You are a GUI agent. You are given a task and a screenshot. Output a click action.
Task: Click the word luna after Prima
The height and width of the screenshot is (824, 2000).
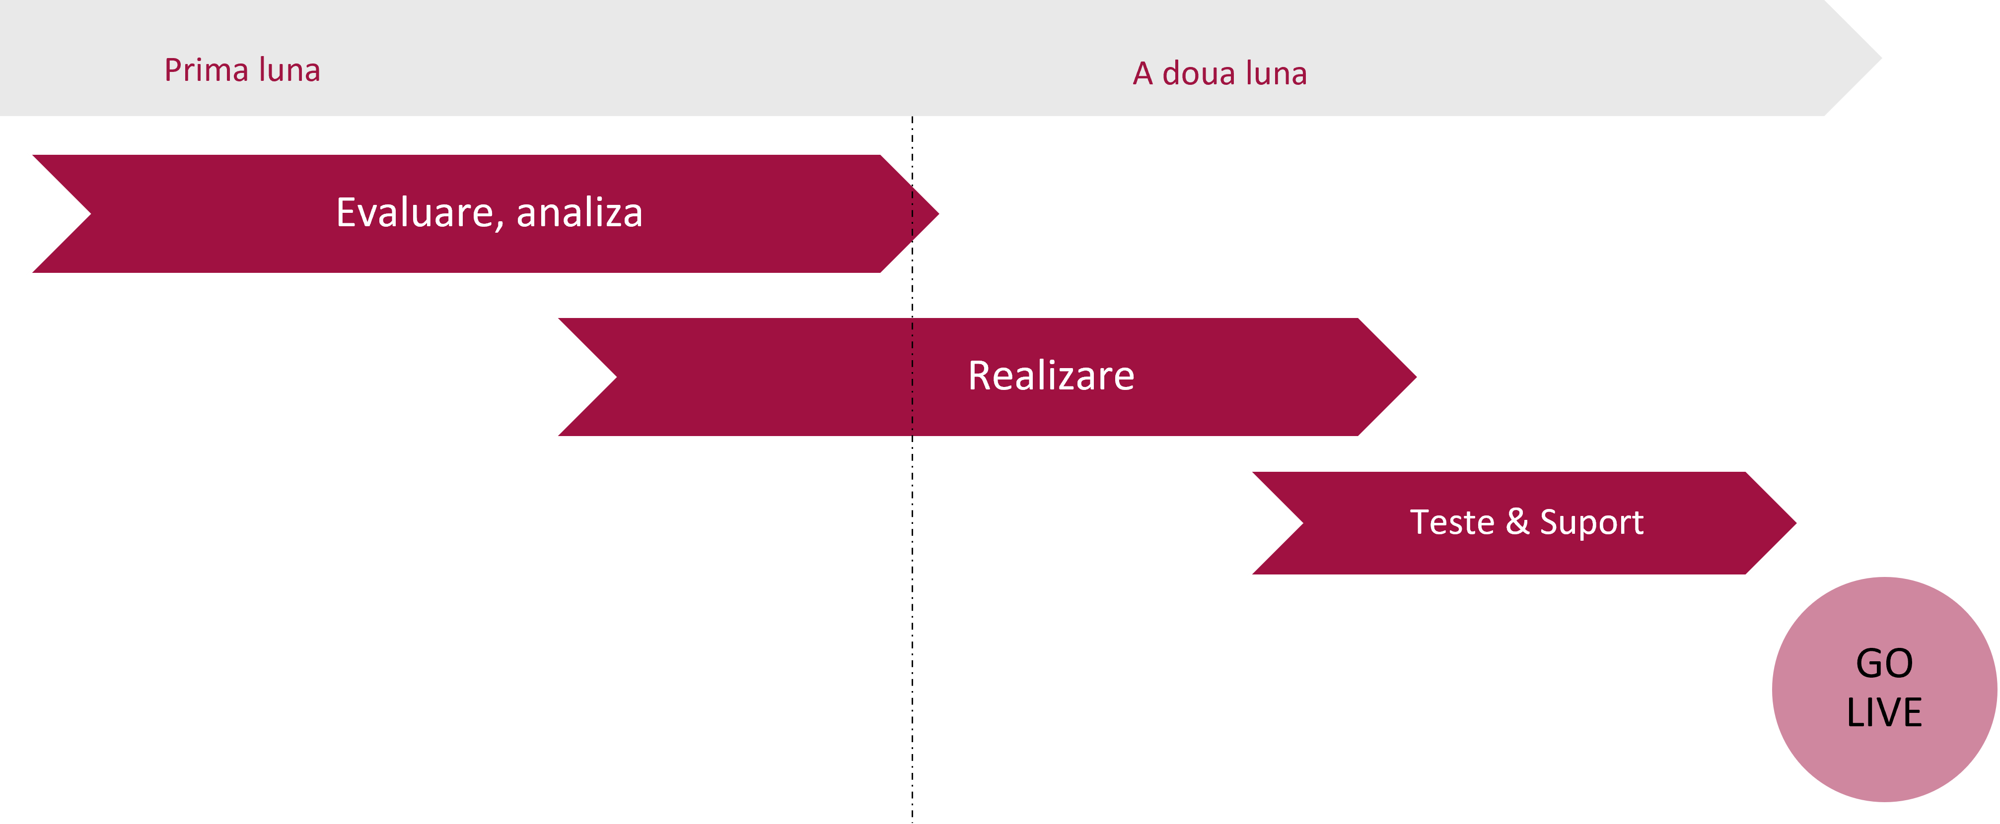[x=289, y=70]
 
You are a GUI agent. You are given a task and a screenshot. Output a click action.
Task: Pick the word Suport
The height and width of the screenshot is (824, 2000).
[x=1592, y=523]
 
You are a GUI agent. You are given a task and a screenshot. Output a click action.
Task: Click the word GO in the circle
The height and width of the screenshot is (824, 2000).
[x=1884, y=663]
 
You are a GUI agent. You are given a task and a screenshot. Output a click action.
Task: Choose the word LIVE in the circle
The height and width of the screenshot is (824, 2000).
[x=1884, y=712]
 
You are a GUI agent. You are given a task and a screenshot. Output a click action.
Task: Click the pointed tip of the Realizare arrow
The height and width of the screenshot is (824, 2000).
[x=1416, y=377]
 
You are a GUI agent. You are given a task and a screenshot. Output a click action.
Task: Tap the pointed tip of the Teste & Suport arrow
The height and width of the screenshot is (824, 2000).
[x=1796, y=523]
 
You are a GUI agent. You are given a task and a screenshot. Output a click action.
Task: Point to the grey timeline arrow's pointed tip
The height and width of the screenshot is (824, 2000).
[x=1881, y=58]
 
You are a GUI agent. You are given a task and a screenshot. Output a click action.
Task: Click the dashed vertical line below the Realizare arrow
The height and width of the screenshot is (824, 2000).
[x=912, y=629]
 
